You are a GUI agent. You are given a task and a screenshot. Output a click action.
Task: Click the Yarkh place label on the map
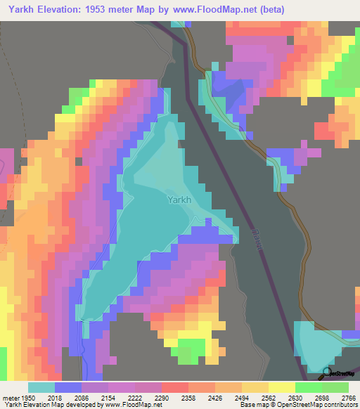179,200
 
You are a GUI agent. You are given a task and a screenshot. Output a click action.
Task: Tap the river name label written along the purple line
256,240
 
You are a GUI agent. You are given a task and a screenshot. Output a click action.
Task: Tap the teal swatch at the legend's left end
41,387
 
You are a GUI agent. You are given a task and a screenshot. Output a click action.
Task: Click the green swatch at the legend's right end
335,387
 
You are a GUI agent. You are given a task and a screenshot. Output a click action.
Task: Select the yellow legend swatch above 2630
281,387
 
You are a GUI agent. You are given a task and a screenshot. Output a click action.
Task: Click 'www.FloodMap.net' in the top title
219,9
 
